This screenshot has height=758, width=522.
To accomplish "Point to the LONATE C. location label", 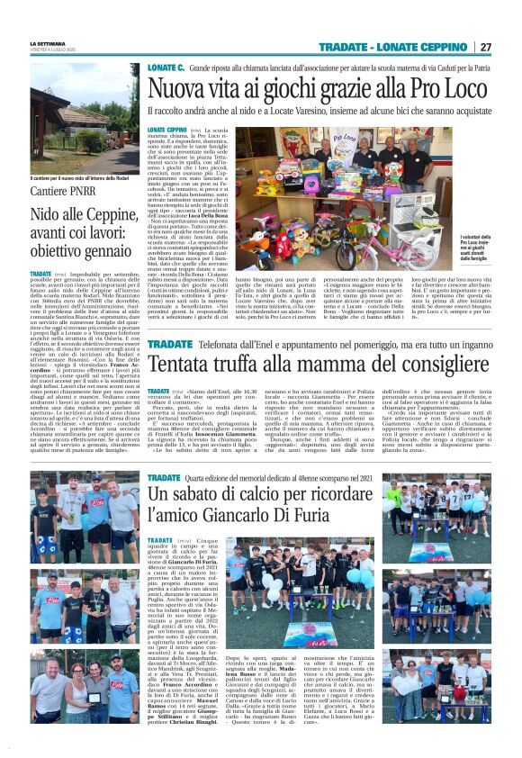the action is pos(166,68).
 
